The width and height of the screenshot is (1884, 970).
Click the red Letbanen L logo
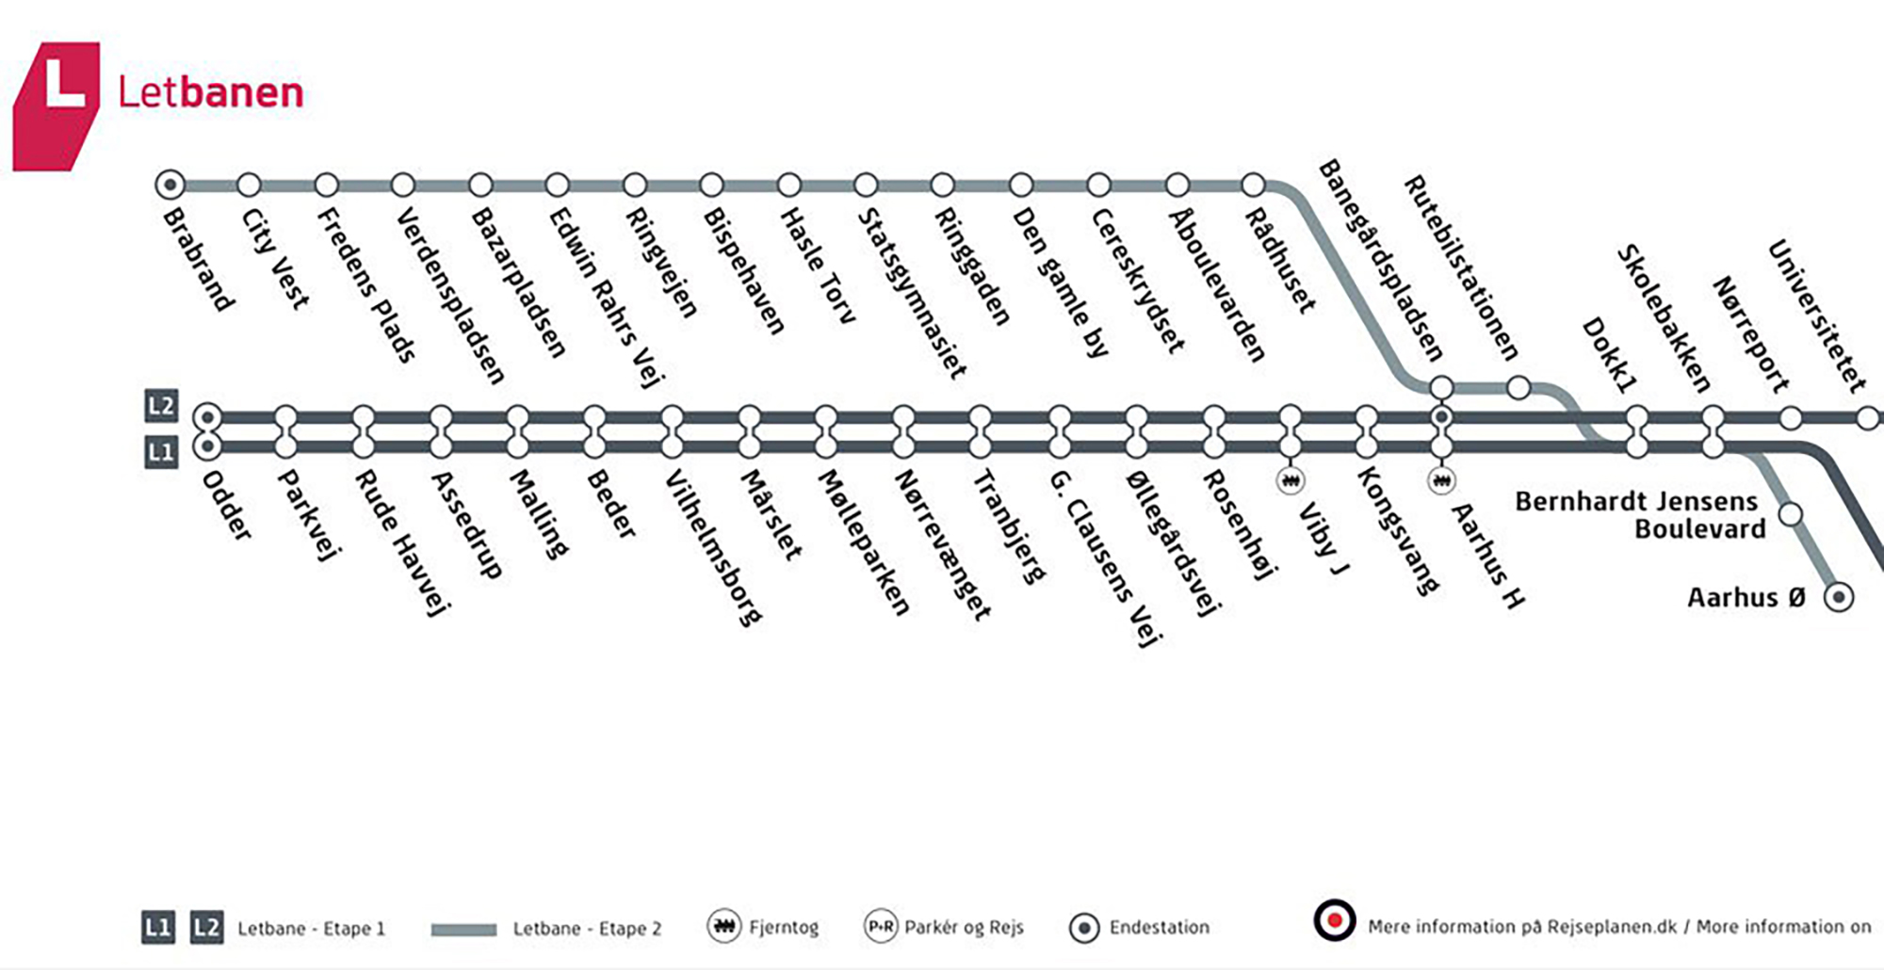click(x=56, y=105)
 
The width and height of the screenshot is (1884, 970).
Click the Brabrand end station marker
click(x=170, y=185)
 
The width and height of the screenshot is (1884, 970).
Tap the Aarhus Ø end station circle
click(x=1839, y=597)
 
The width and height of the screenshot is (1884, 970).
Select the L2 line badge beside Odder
click(x=161, y=406)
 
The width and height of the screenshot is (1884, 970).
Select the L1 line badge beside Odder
click(x=161, y=452)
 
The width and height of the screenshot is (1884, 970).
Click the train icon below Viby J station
click(x=1291, y=480)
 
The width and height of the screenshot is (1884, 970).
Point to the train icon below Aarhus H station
click(x=1441, y=480)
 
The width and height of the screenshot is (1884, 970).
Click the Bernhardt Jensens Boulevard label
click(x=1639, y=514)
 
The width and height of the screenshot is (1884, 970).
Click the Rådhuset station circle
click(x=1254, y=185)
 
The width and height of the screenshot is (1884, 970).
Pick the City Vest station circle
click(x=249, y=185)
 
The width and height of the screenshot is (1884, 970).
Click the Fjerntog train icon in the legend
click(x=723, y=927)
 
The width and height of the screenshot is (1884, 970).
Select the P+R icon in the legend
click(x=881, y=927)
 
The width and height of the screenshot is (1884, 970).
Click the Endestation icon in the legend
click(x=1084, y=929)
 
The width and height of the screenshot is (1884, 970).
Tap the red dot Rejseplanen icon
click(x=1335, y=920)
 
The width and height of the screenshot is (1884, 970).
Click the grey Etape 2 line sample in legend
click(x=463, y=930)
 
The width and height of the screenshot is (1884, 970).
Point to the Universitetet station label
click(x=1816, y=316)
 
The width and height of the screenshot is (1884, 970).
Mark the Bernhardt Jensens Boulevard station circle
click(x=1791, y=514)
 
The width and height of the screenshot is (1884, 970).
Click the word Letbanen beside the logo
click(x=211, y=92)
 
